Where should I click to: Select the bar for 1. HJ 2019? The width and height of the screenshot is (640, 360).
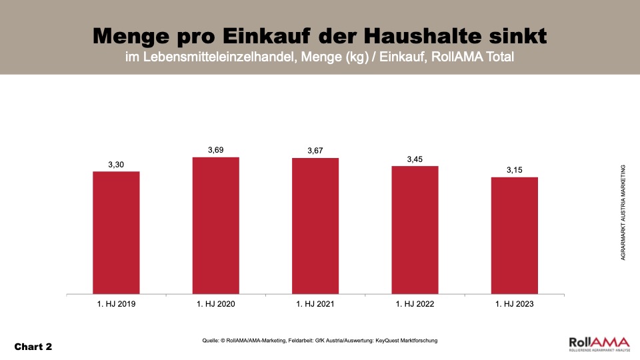click(x=116, y=232)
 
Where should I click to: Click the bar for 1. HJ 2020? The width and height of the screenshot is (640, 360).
click(x=215, y=225)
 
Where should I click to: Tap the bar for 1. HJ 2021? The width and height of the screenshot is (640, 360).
click(x=315, y=225)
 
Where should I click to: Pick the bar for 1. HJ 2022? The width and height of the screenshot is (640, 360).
click(x=415, y=229)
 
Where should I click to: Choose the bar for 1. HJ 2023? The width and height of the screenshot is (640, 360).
click(x=514, y=235)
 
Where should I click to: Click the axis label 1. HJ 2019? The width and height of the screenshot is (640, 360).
click(x=116, y=304)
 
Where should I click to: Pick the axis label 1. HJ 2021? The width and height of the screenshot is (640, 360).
click(x=315, y=304)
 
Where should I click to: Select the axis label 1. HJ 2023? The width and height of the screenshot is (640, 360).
click(x=514, y=304)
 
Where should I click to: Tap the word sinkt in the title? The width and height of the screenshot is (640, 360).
click(x=521, y=35)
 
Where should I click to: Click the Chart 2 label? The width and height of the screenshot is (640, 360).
click(x=33, y=347)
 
